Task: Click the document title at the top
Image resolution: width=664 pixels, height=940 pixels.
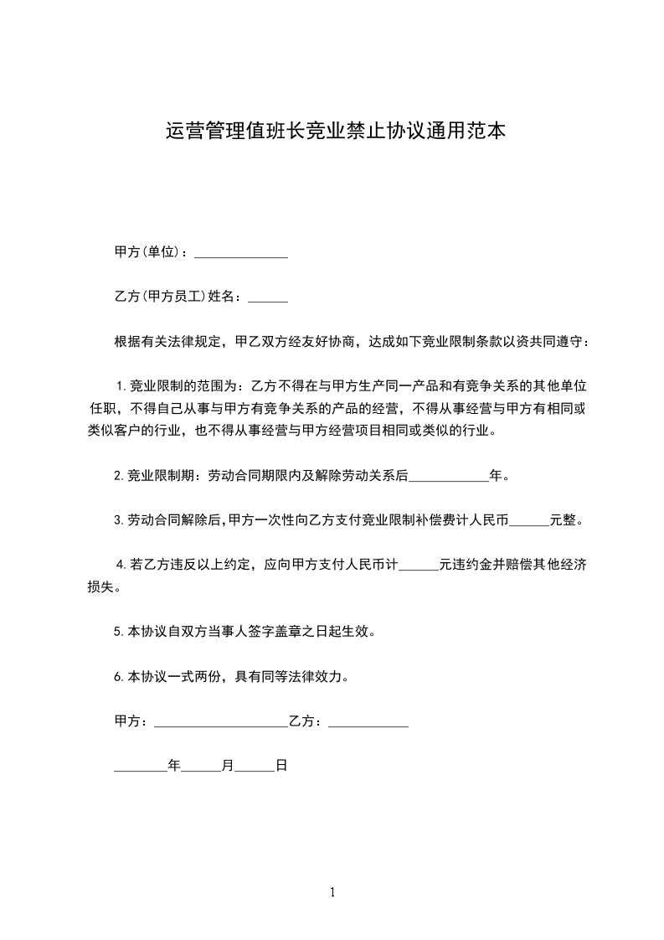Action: pyautogui.click(x=335, y=132)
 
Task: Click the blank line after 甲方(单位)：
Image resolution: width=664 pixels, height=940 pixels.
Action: pyautogui.click(x=240, y=253)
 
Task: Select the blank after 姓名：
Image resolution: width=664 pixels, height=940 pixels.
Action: pyautogui.click(x=268, y=297)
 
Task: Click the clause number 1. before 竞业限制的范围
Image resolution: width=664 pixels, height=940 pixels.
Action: pyautogui.click(x=121, y=386)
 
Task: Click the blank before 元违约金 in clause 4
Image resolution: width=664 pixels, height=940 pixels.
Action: pyautogui.click(x=419, y=566)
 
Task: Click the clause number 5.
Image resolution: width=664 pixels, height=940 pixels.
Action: pyautogui.click(x=119, y=632)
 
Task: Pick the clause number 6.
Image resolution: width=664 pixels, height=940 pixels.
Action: pyautogui.click(x=119, y=676)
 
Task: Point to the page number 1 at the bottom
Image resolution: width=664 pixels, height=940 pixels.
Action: pyautogui.click(x=332, y=893)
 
